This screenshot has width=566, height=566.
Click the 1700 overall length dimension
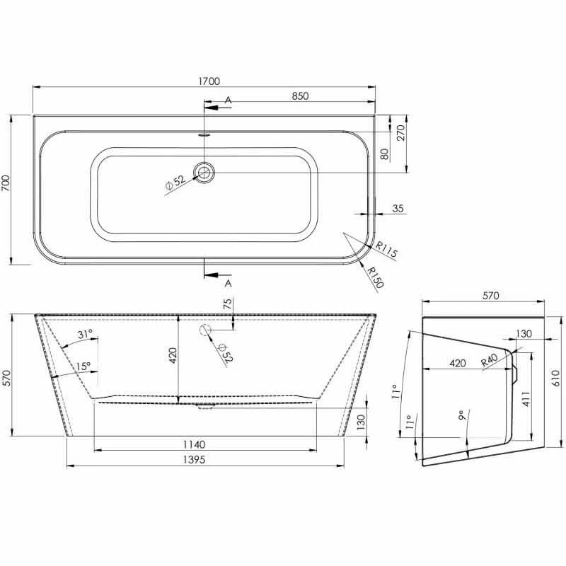point(209,81)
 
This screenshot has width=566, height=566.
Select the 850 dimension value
point(300,96)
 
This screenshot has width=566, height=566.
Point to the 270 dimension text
point(400,132)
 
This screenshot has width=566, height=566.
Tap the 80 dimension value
point(385,154)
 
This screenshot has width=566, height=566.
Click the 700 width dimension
point(6,183)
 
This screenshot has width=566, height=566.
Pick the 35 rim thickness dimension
point(398,208)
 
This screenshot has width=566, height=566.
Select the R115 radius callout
point(386,250)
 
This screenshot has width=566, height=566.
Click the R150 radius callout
point(376,277)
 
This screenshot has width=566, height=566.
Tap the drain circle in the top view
point(204,172)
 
